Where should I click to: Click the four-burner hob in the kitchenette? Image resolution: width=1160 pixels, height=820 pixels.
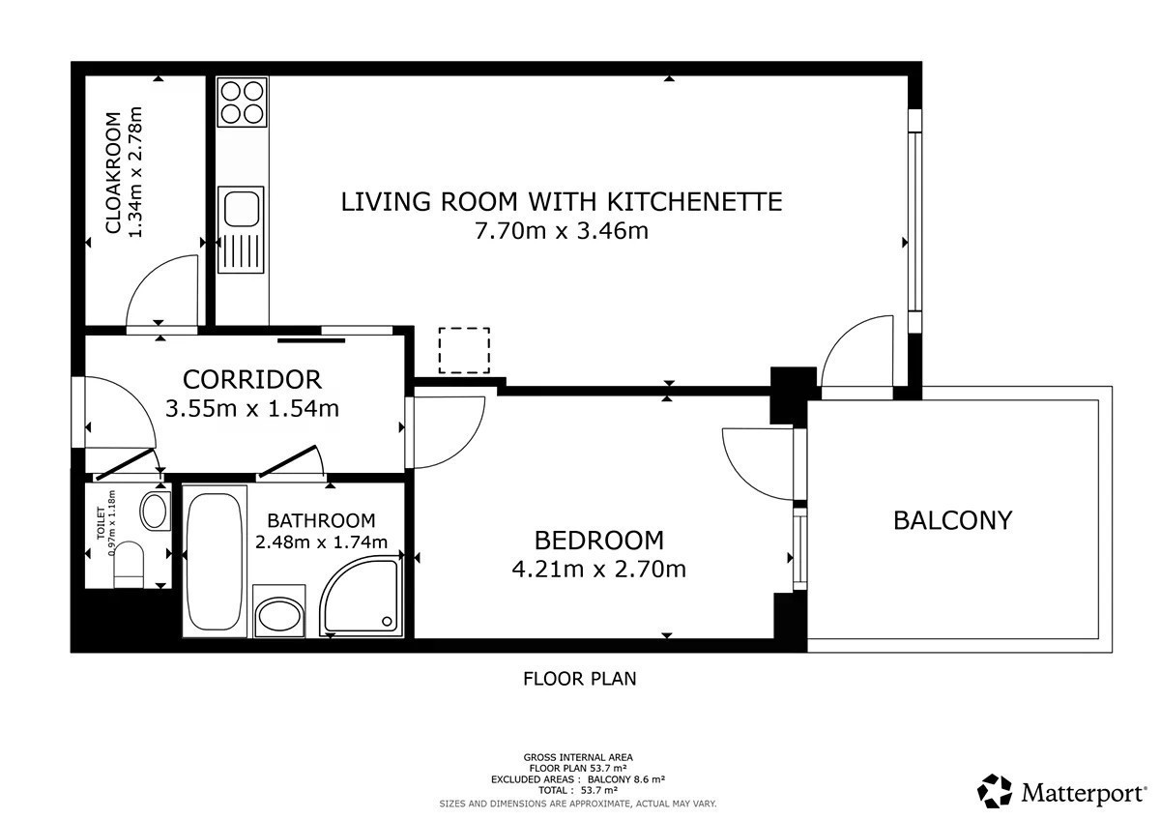coord(242,102)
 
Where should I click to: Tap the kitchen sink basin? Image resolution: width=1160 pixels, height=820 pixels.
coord(242,209)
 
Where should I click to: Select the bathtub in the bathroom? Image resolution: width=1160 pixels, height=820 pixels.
coord(214,562)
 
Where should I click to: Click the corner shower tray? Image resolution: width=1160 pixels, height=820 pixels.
coord(362,597)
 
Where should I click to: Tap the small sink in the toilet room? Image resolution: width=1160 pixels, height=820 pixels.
coord(155,512)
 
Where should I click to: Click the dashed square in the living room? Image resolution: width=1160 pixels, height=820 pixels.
coord(464,350)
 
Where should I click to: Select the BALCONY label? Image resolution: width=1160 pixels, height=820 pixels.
coord(953,520)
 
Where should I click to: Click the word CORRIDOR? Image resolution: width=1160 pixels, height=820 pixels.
coord(252,380)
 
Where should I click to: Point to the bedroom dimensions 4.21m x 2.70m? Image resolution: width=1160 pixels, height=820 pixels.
coord(599,570)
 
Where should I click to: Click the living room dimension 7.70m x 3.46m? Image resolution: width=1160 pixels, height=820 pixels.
coord(562,230)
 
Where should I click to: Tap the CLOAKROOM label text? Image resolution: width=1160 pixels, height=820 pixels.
coord(113,172)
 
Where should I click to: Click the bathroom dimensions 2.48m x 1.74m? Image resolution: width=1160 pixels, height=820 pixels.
coord(322,542)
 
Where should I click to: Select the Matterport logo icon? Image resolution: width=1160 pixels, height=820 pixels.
coord(995,791)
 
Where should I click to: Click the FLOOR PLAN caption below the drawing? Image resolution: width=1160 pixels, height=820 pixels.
coord(579,679)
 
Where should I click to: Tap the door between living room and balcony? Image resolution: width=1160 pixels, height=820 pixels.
coord(857,351)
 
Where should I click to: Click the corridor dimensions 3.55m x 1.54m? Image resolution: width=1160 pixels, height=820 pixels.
coord(252,409)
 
